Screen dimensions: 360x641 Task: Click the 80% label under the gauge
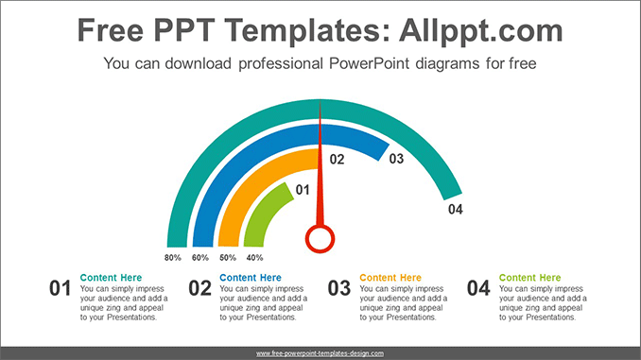[173, 257]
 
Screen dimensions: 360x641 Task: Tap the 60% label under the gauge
[200, 257]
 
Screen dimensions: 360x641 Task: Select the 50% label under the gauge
[228, 257]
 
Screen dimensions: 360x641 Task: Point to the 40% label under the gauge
[254, 257]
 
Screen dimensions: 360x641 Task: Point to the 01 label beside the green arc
[303, 190]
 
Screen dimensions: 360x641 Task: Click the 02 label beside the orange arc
[337, 161]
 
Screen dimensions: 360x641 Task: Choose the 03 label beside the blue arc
[396, 159]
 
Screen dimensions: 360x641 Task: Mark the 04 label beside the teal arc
[456, 209]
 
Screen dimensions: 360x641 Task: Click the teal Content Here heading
[111, 278]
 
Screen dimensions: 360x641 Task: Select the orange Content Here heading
[390, 278]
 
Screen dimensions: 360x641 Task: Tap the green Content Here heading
[529, 278]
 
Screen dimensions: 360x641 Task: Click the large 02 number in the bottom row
[199, 289]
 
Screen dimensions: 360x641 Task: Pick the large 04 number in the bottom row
[478, 289]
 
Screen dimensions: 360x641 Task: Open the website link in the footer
[320, 352]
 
